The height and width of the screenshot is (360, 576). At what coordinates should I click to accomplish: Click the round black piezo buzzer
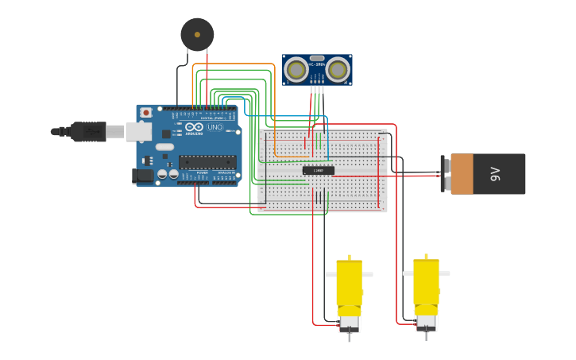[197, 34]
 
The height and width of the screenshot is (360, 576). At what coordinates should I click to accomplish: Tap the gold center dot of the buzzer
[197, 34]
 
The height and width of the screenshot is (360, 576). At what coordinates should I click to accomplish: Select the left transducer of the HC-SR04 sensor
[297, 71]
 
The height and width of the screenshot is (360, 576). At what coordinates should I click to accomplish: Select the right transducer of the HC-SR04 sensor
[338, 71]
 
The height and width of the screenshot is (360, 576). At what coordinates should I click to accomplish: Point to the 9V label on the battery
[495, 174]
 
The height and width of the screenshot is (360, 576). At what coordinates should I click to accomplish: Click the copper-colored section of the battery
[462, 174]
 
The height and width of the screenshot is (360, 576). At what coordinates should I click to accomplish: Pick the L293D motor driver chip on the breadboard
[319, 170]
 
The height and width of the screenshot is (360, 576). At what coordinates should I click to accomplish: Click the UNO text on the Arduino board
[215, 127]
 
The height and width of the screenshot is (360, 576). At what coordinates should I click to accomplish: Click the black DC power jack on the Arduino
[142, 176]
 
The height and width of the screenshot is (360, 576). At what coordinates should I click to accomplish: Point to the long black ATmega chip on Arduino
[207, 162]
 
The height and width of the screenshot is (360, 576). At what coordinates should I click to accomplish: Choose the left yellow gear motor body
[349, 286]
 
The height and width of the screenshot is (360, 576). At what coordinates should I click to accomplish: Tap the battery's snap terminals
[445, 174]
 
